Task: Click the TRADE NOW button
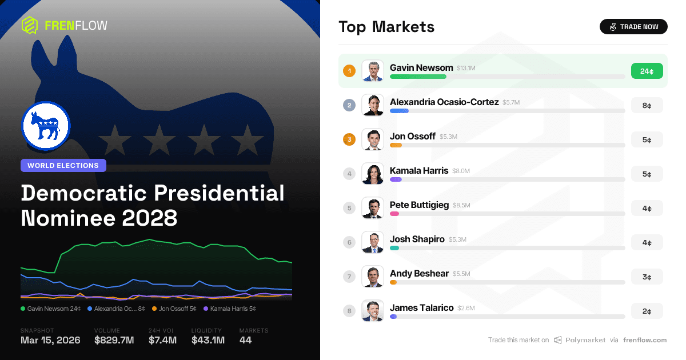tap(633, 27)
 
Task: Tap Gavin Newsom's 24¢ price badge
tap(647, 71)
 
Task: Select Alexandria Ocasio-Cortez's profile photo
tap(373, 105)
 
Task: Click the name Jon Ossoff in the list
tap(412, 137)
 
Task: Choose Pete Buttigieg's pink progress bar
tap(394, 214)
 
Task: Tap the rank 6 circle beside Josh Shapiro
tap(349, 242)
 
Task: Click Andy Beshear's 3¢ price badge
tap(647, 277)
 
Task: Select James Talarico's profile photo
tap(373, 311)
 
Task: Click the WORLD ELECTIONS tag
tap(63, 166)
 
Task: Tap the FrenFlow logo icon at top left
tap(30, 25)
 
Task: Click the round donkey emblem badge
tap(46, 126)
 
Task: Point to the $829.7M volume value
tap(114, 341)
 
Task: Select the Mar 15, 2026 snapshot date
tap(50, 341)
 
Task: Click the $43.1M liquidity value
tap(208, 341)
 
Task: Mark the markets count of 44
tap(246, 341)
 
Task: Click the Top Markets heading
tap(386, 27)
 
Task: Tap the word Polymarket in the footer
tap(585, 340)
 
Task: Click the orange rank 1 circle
tap(349, 71)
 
